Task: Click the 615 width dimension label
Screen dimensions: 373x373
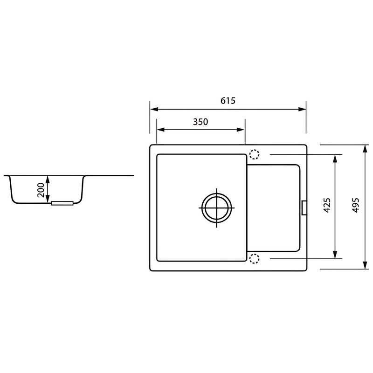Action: (228, 101)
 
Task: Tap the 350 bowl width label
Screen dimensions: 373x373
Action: (200, 122)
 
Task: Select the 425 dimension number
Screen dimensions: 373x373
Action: (327, 205)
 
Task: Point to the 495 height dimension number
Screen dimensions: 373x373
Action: (355, 205)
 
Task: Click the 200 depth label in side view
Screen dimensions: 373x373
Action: (41, 190)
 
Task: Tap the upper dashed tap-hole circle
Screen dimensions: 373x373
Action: (254, 154)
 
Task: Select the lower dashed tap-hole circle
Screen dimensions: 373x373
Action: (254, 259)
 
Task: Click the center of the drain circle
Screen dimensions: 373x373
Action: (216, 207)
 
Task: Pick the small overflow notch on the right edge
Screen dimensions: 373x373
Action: (304, 208)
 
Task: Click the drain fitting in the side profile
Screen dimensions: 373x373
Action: (62, 203)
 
